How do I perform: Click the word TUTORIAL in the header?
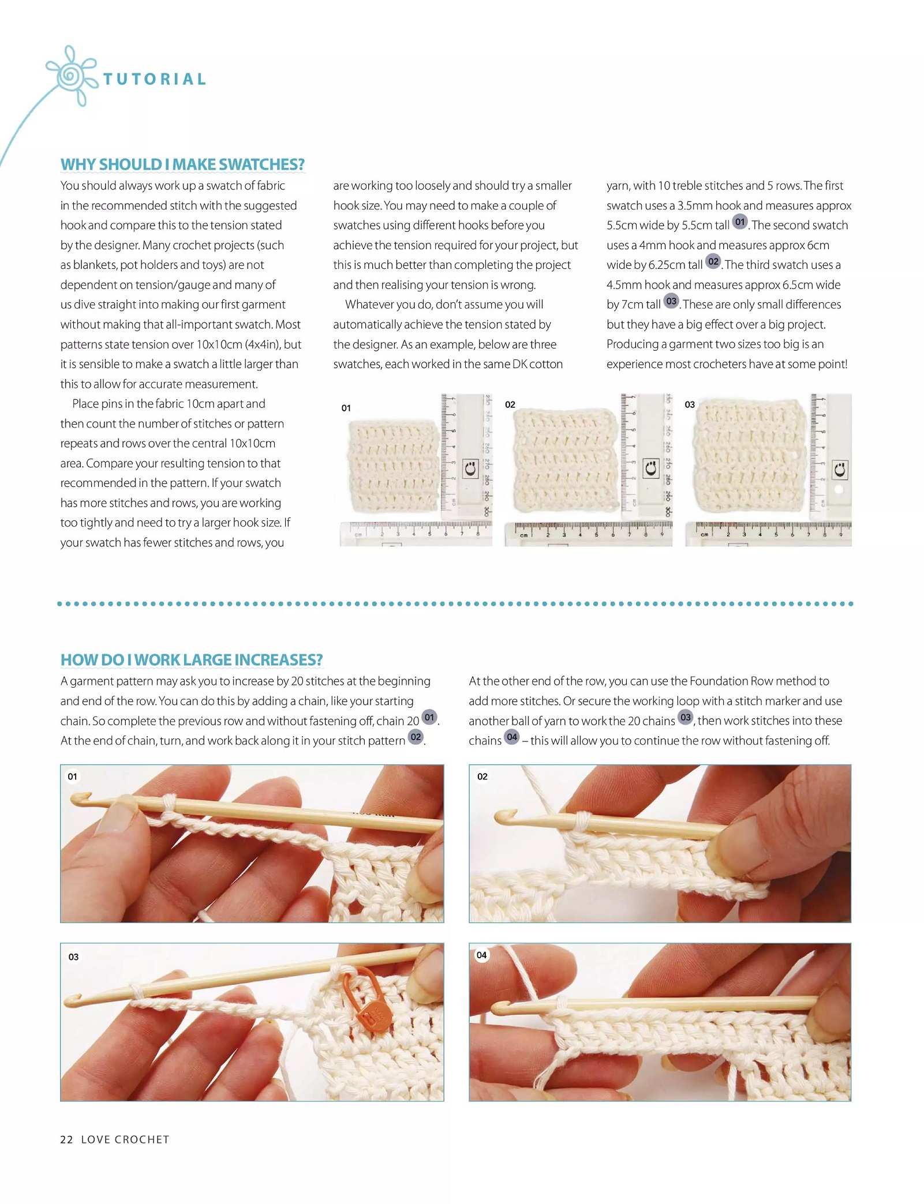click(154, 79)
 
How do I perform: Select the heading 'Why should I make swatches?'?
click(182, 164)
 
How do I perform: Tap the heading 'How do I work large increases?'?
click(192, 659)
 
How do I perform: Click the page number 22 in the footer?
click(66, 1139)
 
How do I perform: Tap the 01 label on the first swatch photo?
click(346, 408)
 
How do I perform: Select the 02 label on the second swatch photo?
click(510, 404)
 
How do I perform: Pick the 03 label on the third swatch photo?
click(690, 404)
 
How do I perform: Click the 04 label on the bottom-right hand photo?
click(481, 955)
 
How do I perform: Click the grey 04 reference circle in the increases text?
click(512, 737)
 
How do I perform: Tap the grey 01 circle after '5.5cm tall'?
click(740, 222)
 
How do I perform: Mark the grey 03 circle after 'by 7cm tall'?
click(671, 301)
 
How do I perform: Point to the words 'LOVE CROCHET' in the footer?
click(125, 1139)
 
